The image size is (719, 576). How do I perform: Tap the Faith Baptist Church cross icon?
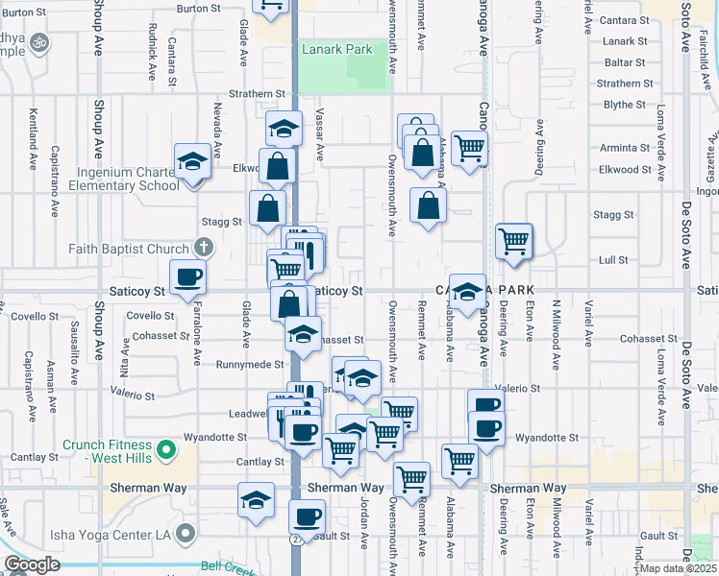point(202,248)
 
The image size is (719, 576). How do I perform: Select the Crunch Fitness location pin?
point(164,447)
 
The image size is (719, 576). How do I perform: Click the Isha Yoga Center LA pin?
point(186,533)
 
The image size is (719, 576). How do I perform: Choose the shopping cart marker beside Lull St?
point(514,241)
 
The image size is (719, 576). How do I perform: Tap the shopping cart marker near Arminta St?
point(469,148)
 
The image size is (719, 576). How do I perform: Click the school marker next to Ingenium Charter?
point(192,160)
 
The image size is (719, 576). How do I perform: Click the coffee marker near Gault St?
point(307,516)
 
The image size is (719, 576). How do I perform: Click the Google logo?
point(32,564)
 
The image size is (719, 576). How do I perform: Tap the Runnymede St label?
point(249,365)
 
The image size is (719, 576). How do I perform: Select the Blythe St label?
point(624,105)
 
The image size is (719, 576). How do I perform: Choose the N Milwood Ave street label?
point(556,335)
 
